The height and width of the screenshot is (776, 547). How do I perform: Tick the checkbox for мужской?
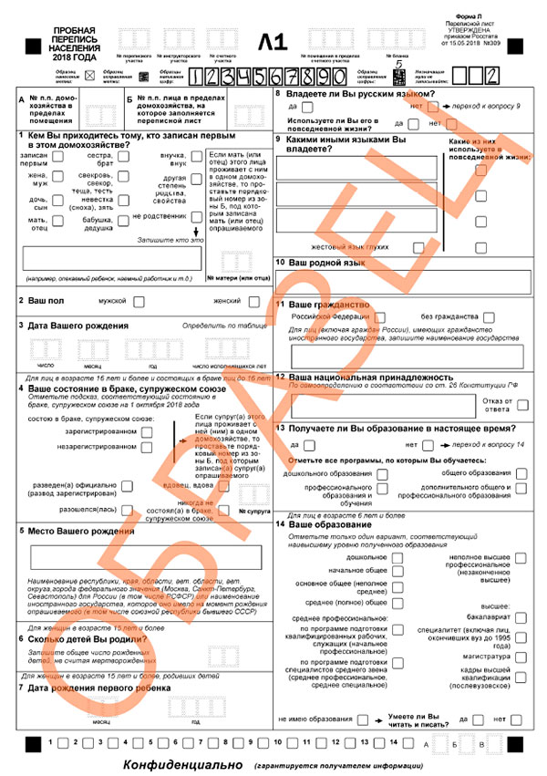(140, 301)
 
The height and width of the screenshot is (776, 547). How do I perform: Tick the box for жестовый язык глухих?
(418, 246)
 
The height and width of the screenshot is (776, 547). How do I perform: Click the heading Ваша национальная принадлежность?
(371, 377)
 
